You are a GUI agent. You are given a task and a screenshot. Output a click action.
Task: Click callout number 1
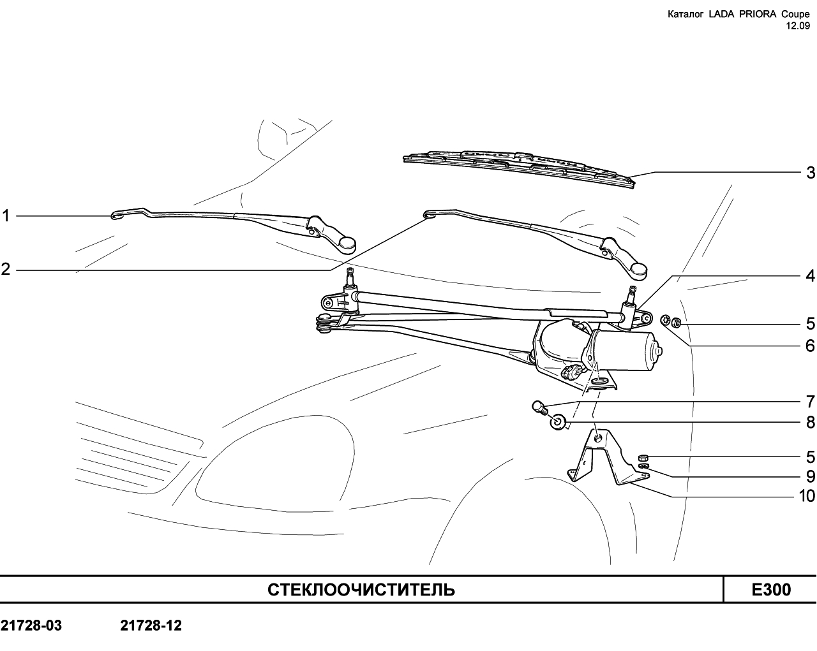(x=5, y=216)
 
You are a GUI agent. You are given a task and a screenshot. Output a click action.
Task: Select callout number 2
(x=5, y=269)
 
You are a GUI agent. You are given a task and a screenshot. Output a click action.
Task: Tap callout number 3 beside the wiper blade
(x=810, y=173)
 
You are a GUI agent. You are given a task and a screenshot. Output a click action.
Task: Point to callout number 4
(x=810, y=276)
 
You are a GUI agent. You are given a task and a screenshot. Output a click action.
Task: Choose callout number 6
(x=810, y=346)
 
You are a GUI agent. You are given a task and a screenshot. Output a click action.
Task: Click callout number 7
(x=810, y=401)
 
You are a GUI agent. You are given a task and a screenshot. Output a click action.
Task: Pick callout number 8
(x=810, y=422)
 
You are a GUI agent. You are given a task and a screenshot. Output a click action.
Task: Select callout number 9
(x=810, y=476)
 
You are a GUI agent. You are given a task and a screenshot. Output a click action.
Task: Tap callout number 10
(x=807, y=496)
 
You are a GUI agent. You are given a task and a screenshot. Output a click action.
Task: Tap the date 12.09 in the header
(x=798, y=26)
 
